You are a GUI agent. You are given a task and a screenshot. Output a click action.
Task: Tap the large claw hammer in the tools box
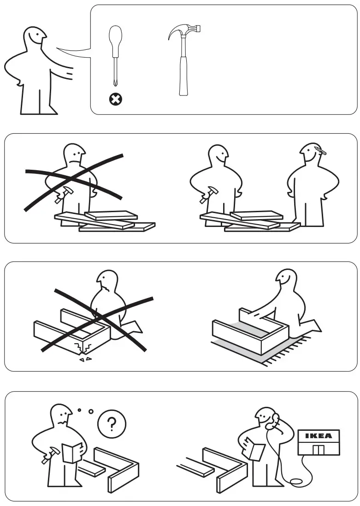183,60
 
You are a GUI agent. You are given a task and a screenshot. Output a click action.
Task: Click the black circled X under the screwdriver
114,98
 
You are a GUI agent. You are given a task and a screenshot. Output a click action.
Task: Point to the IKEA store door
319,449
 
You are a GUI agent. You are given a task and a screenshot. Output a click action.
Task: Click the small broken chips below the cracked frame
85,359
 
